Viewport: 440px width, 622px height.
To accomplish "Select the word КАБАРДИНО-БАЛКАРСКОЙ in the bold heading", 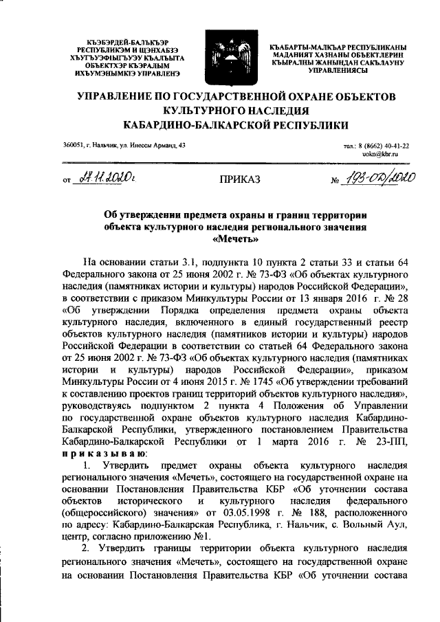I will click(x=199, y=124).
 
